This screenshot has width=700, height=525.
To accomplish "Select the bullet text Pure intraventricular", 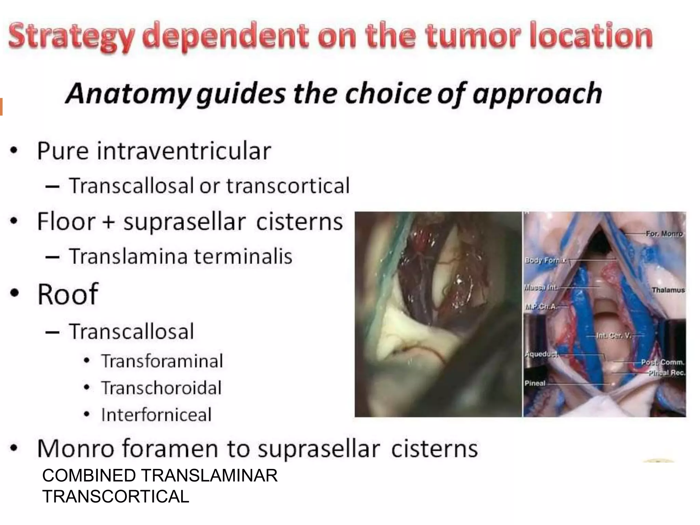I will pos(154,151).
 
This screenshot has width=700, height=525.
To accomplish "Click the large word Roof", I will pos(68,294).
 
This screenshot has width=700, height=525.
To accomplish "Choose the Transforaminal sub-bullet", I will pos(162,361).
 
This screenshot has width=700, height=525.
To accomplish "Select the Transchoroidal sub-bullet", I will pos(161,388).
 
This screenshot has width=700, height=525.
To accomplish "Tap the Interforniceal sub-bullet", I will pos(156,415).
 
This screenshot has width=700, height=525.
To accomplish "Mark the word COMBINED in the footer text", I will pos(89,476).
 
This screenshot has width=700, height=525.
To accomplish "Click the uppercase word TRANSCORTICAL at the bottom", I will pos(116,497).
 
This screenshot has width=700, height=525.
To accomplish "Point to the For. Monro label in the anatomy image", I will pos(664,234).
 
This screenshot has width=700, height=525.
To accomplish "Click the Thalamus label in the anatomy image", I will pos(668,290).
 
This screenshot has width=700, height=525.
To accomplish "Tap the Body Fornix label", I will pos(545,260).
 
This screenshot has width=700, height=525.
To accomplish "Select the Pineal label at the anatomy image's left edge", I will pos(535,383).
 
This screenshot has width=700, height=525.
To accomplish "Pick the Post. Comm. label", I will pos(662,362).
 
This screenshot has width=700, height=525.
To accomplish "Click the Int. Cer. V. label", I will pos(614,336).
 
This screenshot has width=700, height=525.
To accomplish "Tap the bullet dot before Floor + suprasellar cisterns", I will pos(14,221).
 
